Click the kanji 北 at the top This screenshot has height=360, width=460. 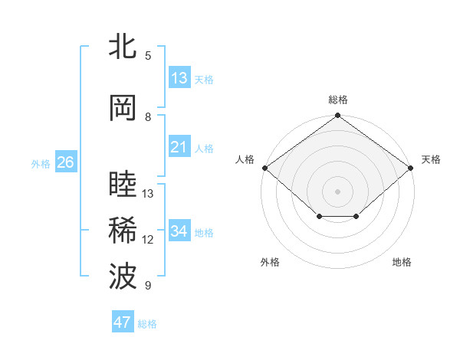tap(123, 45)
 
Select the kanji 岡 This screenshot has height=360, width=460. tap(123, 108)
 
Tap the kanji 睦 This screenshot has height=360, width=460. tap(123, 183)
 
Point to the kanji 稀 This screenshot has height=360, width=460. tap(123, 230)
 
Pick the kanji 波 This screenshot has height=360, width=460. tap(123, 276)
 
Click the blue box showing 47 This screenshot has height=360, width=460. tap(123, 321)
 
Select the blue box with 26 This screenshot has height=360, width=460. tap(66, 162)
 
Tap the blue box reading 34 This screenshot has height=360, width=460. tap(179, 230)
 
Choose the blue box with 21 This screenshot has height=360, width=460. tap(179, 146)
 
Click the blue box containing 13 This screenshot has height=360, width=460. tap(179, 77)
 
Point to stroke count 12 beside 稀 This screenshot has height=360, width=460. tap(147, 240)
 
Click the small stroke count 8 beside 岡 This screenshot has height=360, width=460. tap(148, 117)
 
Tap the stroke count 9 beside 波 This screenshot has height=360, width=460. tap(148, 285)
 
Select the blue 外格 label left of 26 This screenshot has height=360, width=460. tap(41, 164)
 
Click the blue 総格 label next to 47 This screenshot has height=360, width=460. tap(147, 324)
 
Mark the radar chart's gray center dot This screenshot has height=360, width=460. tap(337, 191)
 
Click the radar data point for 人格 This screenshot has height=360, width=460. tap(265, 168)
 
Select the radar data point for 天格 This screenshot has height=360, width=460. tap(410, 168)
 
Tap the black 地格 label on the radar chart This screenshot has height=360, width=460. tap(402, 262)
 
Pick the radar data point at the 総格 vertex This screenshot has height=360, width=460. tap(337, 115)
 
